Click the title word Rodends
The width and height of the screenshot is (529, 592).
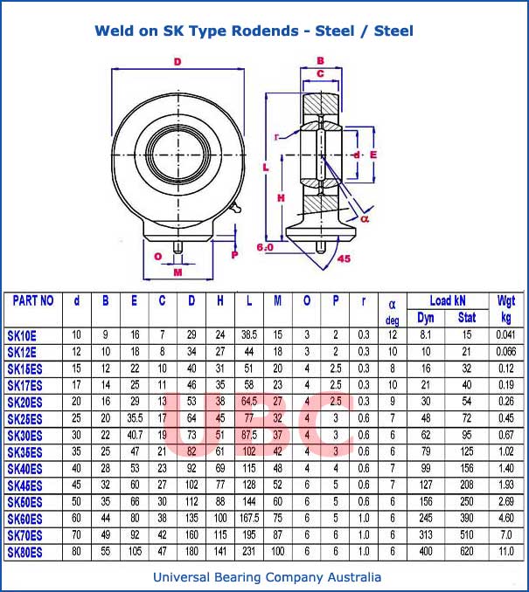click(265, 31)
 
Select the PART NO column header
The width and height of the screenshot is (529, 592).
click(33, 300)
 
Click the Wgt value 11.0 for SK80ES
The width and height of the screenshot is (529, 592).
click(505, 552)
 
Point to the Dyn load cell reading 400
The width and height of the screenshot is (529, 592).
click(425, 552)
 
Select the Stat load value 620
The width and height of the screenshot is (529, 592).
click(467, 552)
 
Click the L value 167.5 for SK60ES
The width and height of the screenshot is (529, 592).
click(249, 519)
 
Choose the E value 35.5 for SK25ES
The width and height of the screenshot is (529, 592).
click(135, 418)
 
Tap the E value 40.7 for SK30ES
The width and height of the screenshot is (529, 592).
click(135, 435)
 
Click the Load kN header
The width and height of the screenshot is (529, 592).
click(447, 300)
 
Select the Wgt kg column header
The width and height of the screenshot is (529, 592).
click(505, 308)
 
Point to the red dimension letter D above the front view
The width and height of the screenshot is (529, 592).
click(177, 62)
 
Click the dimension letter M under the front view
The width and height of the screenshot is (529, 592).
click(177, 272)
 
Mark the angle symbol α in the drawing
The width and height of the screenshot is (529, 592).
click(365, 219)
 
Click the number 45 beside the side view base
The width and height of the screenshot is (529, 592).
click(344, 258)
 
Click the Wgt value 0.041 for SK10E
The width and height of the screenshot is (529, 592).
click(505, 334)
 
